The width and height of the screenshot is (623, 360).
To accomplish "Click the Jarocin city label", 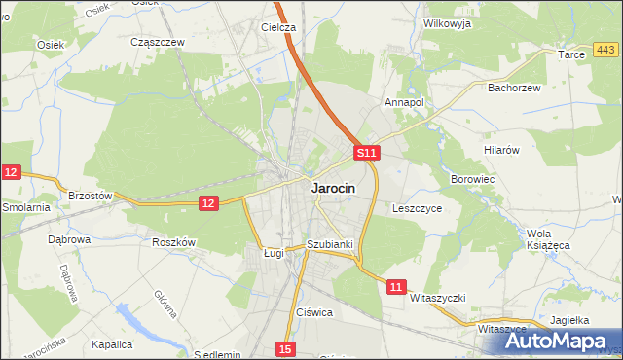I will pos(332,189).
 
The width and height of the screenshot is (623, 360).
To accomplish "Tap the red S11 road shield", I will pos(365,154).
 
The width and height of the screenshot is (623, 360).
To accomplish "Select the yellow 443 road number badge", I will pos(605,50).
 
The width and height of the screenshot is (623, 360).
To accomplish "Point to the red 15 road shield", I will pos(284,348).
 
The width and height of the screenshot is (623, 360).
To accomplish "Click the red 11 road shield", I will pos(395,287).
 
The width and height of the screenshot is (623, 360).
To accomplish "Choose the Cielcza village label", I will pos(277,27).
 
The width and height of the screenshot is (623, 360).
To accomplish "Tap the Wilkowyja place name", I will pos(447,23).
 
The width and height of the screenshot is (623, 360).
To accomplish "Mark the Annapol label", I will pos(404,101).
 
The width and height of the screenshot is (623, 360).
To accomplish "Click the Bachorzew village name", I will pos(514,88).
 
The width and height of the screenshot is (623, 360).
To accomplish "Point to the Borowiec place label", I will pos(474,180).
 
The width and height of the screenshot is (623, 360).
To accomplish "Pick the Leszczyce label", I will pos(418,208).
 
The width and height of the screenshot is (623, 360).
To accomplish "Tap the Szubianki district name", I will pos(329,244).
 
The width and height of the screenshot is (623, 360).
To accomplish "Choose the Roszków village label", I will pos(175,242).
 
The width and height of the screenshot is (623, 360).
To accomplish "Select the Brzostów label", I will pos(91,196).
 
